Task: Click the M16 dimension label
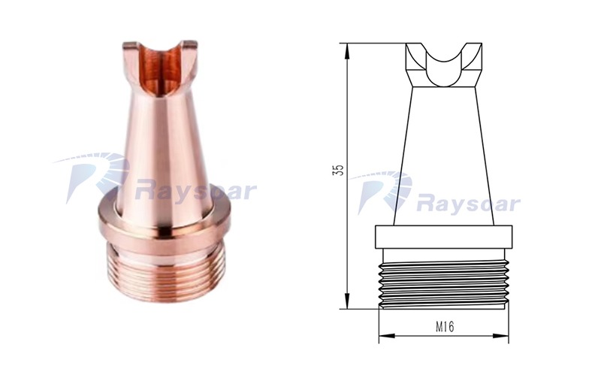tap(445, 327)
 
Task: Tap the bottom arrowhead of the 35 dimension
tap(347, 301)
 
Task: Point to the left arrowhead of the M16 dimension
tap(386, 336)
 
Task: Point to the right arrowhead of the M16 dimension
tap(501, 336)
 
